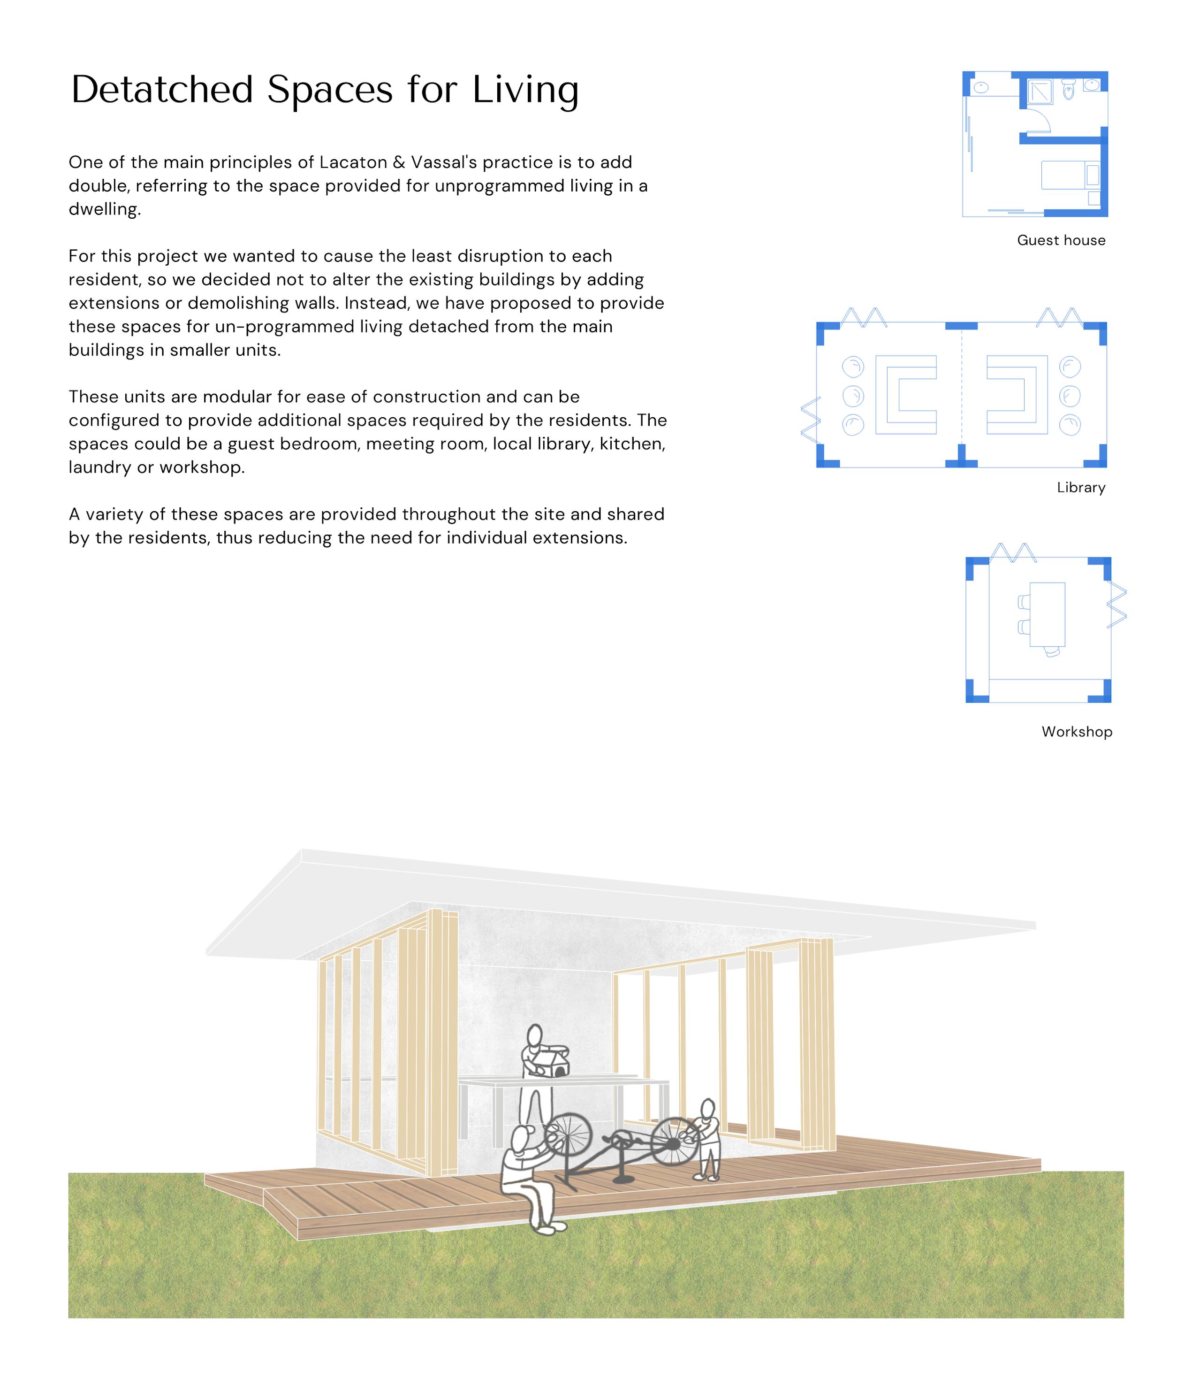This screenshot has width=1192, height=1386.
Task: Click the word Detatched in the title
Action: (x=162, y=90)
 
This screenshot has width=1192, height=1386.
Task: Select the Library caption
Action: (x=1080, y=488)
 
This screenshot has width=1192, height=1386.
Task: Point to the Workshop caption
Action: (x=1076, y=732)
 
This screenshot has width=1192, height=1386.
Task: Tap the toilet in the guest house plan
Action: (x=1068, y=90)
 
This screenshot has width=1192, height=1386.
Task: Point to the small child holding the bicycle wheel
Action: (x=707, y=1139)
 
